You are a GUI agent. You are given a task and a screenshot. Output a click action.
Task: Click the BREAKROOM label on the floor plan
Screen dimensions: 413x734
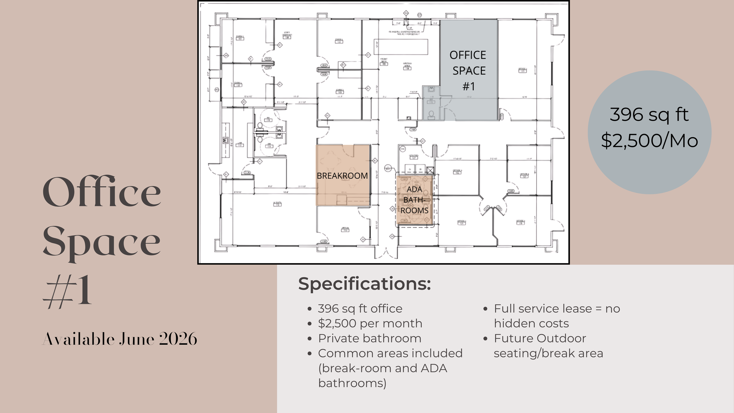(x=342, y=176)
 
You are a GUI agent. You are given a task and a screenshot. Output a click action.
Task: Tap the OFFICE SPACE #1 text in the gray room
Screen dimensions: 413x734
(x=468, y=70)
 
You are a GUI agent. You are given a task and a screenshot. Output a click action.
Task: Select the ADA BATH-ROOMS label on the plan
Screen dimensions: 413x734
(x=414, y=200)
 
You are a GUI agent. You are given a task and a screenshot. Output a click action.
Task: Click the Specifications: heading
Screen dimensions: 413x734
(x=364, y=284)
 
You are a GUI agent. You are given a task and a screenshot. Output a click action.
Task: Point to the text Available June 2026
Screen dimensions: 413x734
(x=120, y=339)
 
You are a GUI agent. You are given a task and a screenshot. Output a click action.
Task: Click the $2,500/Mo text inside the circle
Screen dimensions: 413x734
(x=649, y=141)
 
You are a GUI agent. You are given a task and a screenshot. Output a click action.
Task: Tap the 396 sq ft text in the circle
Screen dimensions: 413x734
(x=649, y=115)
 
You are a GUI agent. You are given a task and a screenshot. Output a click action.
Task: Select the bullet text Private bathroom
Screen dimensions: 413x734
(x=370, y=338)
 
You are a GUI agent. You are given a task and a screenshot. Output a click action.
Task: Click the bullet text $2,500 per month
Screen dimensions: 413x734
(x=370, y=323)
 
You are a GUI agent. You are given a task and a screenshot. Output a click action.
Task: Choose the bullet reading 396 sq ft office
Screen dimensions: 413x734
(x=360, y=308)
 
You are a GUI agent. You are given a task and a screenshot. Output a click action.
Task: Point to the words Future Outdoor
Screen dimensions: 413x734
(x=540, y=338)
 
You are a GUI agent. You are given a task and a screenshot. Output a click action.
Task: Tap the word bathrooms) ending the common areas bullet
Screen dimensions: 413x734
(x=352, y=383)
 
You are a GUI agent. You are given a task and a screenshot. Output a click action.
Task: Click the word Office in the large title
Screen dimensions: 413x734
(x=102, y=192)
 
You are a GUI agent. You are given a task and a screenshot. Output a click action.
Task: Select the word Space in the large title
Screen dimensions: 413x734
(x=102, y=242)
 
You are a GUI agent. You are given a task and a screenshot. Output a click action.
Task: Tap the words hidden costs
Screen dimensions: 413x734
(x=531, y=323)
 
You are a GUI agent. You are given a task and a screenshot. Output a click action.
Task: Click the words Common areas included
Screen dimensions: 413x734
(x=390, y=353)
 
